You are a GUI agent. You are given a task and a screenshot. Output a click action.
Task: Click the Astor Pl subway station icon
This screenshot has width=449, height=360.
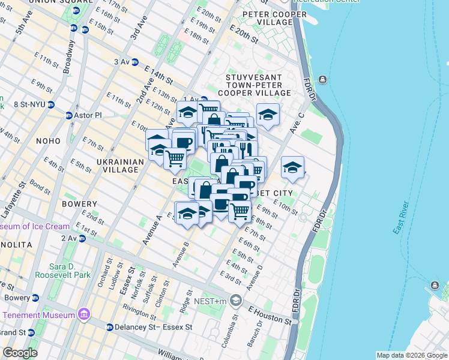pyautogui.click(x=68, y=115)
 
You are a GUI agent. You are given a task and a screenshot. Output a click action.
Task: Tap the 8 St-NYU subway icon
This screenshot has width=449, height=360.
pyautogui.click(x=52, y=104)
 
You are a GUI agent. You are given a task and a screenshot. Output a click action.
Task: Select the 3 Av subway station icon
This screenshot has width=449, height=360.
pyautogui.click(x=135, y=62)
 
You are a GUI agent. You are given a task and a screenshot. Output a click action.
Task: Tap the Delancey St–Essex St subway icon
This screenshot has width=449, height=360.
pyautogui.click(x=109, y=327)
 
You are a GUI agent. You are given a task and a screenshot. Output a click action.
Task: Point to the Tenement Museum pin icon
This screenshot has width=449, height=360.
pyautogui.click(x=83, y=315)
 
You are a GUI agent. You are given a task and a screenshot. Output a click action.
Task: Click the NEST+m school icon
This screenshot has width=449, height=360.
pyautogui.click(x=236, y=299)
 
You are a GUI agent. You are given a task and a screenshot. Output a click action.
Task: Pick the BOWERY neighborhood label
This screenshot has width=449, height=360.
pyautogui.click(x=79, y=204)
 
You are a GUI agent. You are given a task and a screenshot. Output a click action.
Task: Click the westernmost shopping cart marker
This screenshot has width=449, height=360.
pyautogui.click(x=175, y=158)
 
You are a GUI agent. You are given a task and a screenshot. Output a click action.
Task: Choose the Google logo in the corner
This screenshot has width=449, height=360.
pyautogui.click(x=20, y=353)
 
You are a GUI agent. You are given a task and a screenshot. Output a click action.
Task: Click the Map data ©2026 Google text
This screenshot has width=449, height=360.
pyautogui.click(x=411, y=355)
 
